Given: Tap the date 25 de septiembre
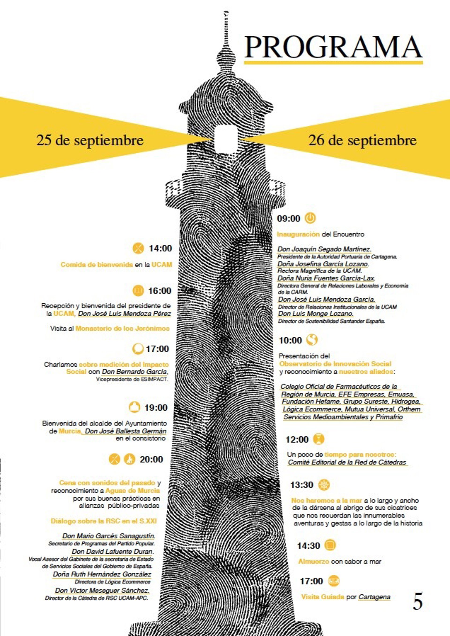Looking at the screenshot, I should coord(90,140).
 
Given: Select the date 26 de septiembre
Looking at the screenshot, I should coord(362,140).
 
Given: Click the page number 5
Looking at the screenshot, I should coord(418,601).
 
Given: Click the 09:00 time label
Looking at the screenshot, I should coord(289,219).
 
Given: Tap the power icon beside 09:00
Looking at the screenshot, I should coord(310,218).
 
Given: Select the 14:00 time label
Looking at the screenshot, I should coord(161,248).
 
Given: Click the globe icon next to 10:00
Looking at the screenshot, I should coord(312,340).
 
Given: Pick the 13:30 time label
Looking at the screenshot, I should coord(301,485).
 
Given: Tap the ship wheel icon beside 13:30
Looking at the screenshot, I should coord(324,484).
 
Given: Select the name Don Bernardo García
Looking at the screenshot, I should coord(135,371).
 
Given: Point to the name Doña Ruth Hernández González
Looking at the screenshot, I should coord(102,574).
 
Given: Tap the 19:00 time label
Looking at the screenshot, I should coord(156,408).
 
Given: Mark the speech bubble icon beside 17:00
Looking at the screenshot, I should coord(138,349).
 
